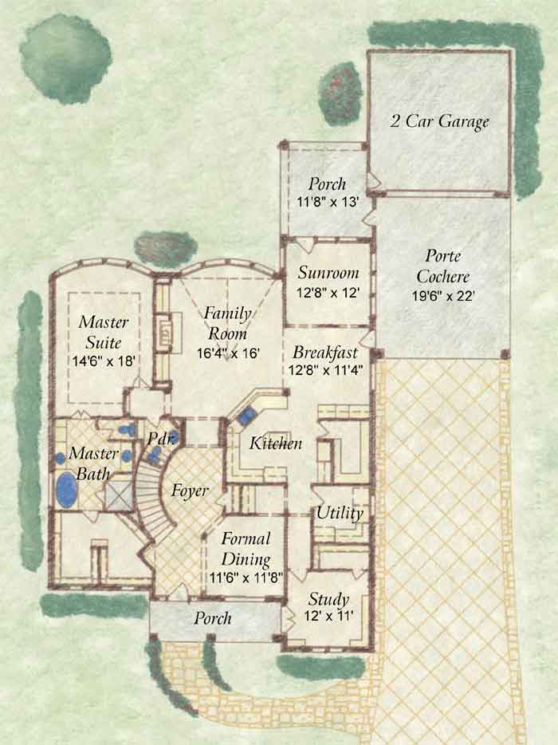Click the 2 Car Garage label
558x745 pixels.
pyautogui.click(x=439, y=121)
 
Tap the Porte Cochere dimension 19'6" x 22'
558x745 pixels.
pyautogui.click(x=443, y=296)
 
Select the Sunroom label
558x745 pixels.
pyautogui.click(x=328, y=273)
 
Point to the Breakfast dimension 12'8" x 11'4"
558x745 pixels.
pyautogui.click(x=326, y=369)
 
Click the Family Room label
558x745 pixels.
pyautogui.click(x=228, y=323)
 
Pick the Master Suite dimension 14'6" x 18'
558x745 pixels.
pyautogui.click(x=104, y=361)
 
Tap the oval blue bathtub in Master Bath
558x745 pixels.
pyautogui.click(x=67, y=490)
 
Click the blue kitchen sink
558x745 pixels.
pyautogui.click(x=246, y=416)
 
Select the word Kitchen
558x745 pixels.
pyautogui.click(x=276, y=443)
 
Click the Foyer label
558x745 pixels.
pyautogui.click(x=190, y=491)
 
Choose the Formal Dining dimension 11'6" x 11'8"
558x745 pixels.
pyautogui.click(x=246, y=577)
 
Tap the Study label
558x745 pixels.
pyautogui.click(x=328, y=599)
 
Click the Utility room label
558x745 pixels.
pyautogui.click(x=340, y=513)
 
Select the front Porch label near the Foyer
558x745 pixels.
pyautogui.click(x=213, y=618)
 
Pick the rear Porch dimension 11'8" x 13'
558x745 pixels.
pyautogui.click(x=327, y=202)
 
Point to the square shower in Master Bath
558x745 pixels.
pyautogui.click(x=120, y=495)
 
